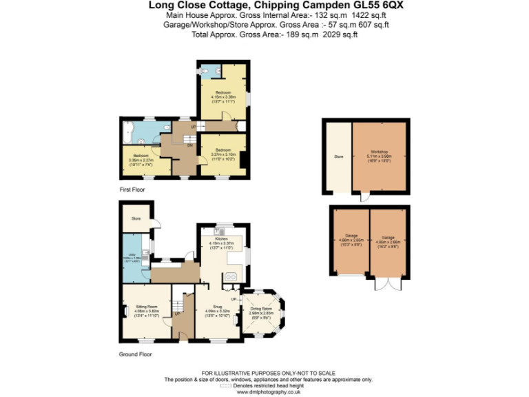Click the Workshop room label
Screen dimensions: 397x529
pos(378,152)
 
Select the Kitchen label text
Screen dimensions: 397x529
pos(222,238)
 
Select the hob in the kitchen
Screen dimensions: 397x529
pos(230,277)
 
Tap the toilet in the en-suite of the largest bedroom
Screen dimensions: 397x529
pos(209,70)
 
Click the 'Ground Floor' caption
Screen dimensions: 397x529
pos(135,354)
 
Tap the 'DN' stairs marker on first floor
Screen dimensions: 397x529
pos(189,145)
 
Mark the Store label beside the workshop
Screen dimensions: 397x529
pos(338,157)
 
